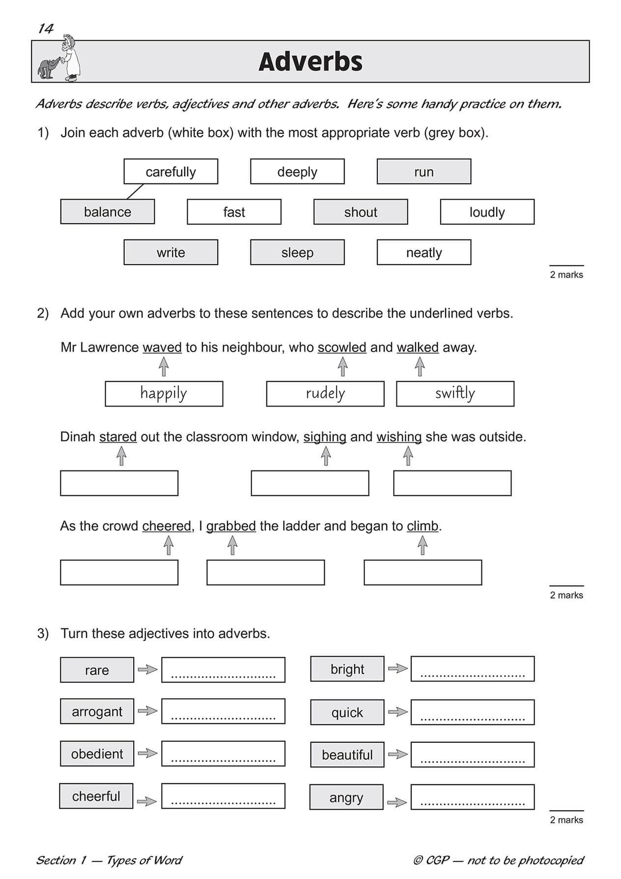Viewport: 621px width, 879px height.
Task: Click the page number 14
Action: click(x=46, y=29)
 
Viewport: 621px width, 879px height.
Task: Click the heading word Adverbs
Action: click(x=310, y=62)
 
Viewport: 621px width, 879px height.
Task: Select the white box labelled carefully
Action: click(x=170, y=172)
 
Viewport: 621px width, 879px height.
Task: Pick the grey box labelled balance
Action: click(x=107, y=212)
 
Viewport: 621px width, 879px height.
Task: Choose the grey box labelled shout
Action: click(x=361, y=212)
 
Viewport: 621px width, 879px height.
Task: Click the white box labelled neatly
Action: click(x=423, y=252)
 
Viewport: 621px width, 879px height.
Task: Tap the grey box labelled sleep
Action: click(x=297, y=252)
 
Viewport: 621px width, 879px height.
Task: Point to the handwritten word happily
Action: click(x=164, y=393)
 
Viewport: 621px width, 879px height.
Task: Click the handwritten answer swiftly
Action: click(x=455, y=393)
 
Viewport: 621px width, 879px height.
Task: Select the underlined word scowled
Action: click(x=342, y=348)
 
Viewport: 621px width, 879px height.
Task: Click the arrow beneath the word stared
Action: click(x=121, y=457)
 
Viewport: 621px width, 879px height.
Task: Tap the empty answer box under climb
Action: click(x=423, y=572)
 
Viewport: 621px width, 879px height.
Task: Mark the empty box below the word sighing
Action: click(x=310, y=483)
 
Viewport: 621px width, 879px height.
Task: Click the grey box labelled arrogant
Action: click(x=97, y=711)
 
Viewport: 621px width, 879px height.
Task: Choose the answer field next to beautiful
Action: click(x=472, y=755)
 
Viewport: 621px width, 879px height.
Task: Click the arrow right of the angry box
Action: click(x=397, y=802)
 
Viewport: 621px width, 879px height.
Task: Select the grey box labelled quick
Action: click(x=347, y=712)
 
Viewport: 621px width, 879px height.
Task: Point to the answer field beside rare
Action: click(x=223, y=670)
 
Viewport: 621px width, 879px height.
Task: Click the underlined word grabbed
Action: click(x=231, y=526)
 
